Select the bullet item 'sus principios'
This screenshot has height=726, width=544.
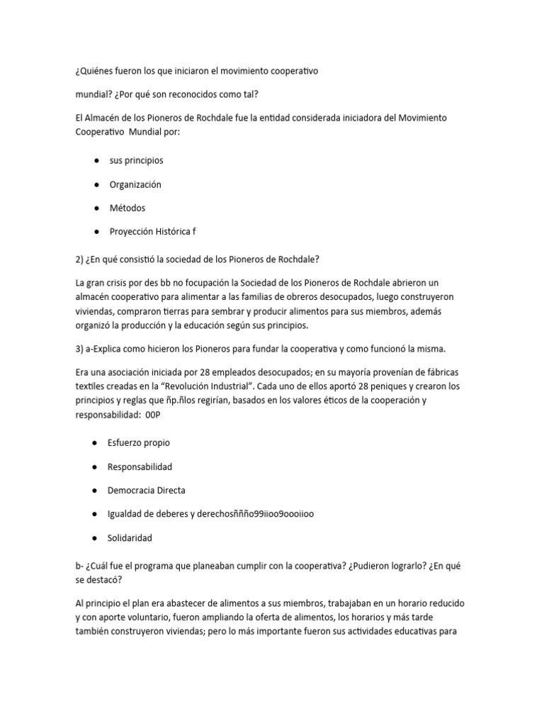pyautogui.click(x=136, y=161)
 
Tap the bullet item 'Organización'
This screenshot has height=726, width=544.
pyautogui.click(x=135, y=184)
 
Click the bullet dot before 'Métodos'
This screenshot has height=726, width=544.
pyautogui.click(x=94, y=208)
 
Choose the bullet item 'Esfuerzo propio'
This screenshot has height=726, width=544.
pyautogui.click(x=139, y=443)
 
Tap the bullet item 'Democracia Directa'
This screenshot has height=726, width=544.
pyautogui.click(x=147, y=490)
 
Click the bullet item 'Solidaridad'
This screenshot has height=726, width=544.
pyautogui.click(x=130, y=538)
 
